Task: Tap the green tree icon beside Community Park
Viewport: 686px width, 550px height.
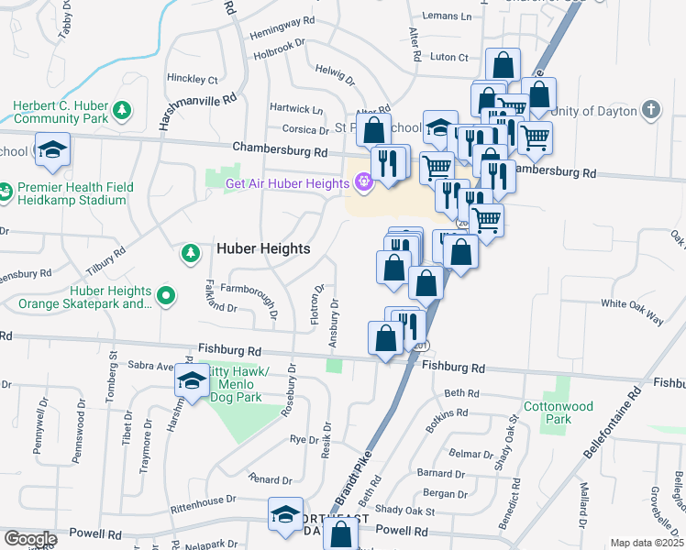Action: point(121,112)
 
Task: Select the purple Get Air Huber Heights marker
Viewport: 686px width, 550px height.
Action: point(363,182)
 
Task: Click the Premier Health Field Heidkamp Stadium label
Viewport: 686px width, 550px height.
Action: point(76,193)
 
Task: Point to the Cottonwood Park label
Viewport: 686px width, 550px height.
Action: point(554,412)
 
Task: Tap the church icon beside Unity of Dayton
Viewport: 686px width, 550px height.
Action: point(650,111)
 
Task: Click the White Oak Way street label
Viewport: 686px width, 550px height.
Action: point(632,312)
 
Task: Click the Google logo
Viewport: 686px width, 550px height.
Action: point(30,539)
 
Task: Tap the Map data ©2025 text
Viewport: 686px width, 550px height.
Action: point(647,543)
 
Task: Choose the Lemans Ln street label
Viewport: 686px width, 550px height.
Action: point(447,16)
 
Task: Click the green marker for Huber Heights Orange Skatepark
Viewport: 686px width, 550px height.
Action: point(166,296)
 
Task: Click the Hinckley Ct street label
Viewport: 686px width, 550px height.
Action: point(193,80)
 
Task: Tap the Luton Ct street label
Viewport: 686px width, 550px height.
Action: point(449,57)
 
